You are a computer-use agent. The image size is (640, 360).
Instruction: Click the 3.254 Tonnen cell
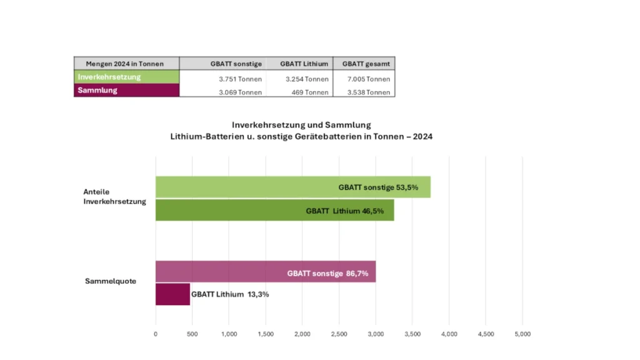(307, 79)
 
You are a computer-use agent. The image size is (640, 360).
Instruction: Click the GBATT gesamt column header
(363, 64)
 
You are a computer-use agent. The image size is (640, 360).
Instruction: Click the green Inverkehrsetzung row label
(126, 77)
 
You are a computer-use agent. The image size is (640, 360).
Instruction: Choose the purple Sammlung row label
(126, 91)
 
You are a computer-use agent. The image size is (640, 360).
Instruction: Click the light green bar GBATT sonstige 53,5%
(292, 187)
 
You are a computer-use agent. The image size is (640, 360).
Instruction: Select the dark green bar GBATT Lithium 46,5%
(274, 211)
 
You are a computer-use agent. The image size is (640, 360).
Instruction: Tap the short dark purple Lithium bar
(172, 294)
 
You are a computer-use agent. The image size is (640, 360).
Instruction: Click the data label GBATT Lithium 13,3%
(230, 294)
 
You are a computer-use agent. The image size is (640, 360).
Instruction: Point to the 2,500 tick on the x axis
(339, 334)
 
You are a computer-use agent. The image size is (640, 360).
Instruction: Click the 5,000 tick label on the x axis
(522, 334)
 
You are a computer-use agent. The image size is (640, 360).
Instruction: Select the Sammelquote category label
(111, 281)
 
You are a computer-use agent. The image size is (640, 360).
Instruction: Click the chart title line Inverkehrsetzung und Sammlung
(301, 125)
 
